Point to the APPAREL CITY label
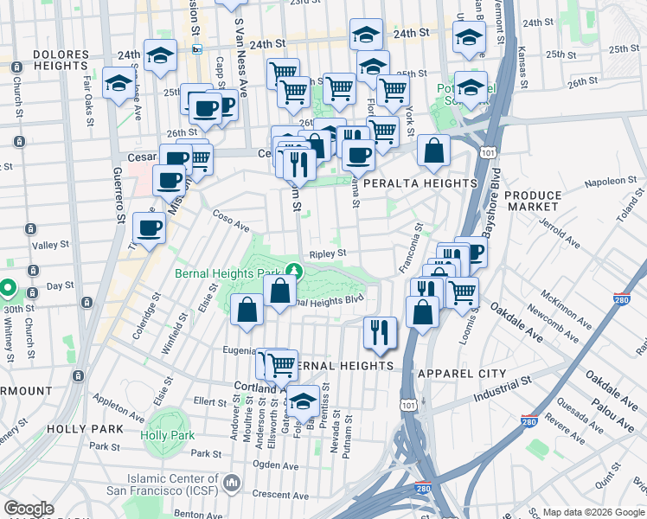(461, 373)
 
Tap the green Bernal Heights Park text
(230, 272)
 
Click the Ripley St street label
(329, 253)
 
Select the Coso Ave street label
(231, 222)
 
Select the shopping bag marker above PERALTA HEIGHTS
(433, 151)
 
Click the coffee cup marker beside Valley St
(148, 227)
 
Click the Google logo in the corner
(29, 509)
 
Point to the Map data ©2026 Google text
(593, 510)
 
